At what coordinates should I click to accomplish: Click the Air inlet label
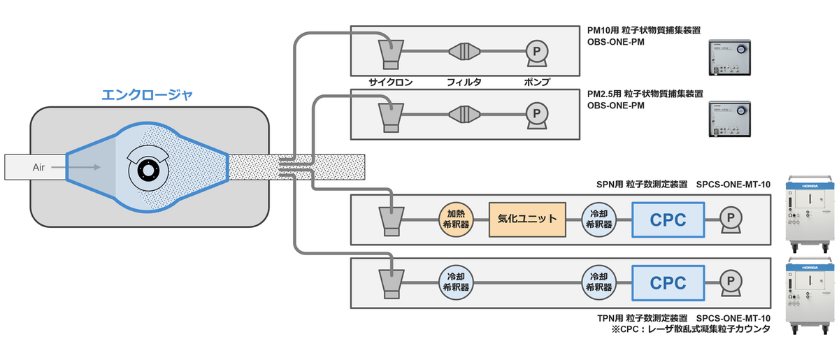[39, 167]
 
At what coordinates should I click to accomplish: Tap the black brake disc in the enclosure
[148, 169]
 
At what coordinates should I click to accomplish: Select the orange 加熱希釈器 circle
[455, 219]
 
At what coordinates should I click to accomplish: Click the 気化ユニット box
[526, 219]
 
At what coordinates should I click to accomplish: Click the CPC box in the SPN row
[668, 219]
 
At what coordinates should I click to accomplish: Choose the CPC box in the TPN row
[668, 282]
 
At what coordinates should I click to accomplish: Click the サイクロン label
[391, 82]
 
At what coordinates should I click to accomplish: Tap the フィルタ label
[464, 82]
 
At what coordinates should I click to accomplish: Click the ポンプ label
[537, 82]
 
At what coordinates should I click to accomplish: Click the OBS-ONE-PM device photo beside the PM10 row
[729, 57]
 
